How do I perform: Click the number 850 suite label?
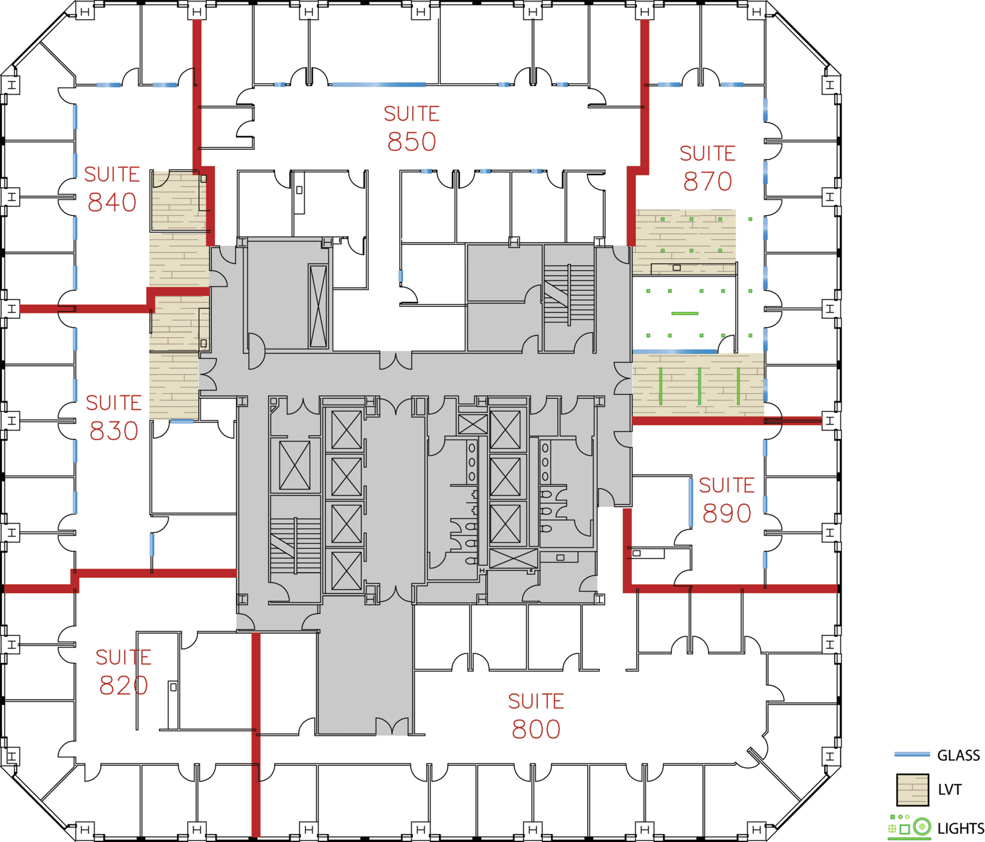(412, 142)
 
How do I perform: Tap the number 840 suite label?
(112, 202)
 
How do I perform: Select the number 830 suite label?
(114, 431)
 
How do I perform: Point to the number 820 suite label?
(124, 686)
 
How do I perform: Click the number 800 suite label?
(536, 729)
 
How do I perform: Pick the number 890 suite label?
(727, 513)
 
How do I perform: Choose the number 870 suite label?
(708, 182)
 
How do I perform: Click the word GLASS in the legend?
(958, 756)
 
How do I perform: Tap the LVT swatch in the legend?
(912, 789)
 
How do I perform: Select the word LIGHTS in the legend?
(960, 828)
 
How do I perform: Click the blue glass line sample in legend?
(912, 754)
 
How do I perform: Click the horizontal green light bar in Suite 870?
(685, 313)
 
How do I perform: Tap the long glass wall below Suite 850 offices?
(378, 85)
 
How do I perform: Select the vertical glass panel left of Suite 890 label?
(691, 502)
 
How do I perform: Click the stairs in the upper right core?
(569, 294)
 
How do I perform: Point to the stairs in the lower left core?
(295, 545)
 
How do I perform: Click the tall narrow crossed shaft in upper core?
(318, 306)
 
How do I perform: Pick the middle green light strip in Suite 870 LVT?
(699, 386)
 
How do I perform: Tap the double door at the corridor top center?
(396, 361)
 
